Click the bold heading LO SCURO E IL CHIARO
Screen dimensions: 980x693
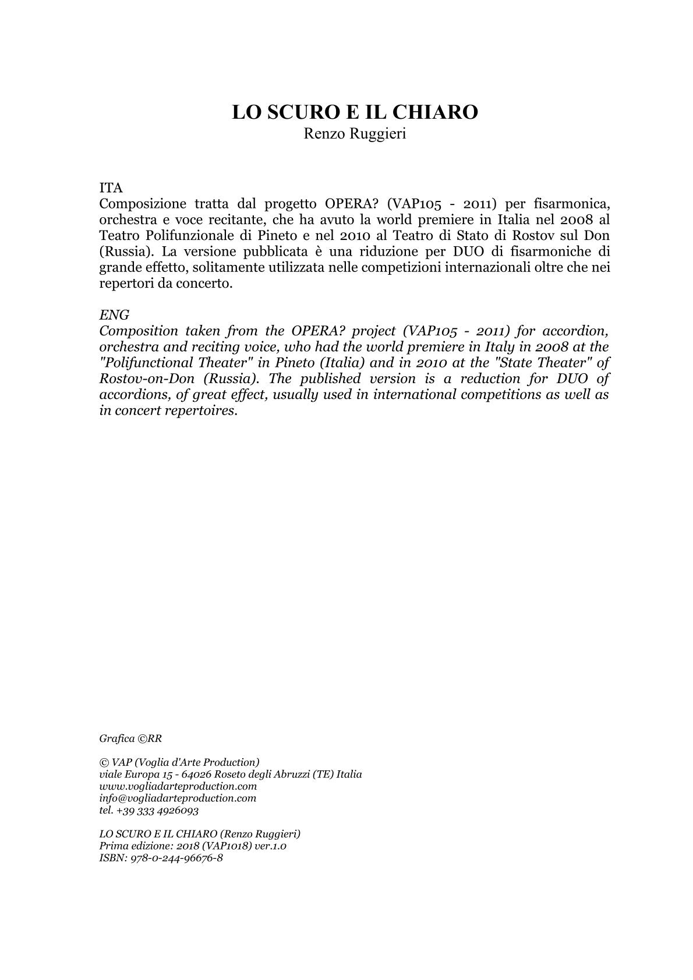(x=355, y=112)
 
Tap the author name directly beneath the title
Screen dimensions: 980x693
(x=355, y=134)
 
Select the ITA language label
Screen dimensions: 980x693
(x=111, y=188)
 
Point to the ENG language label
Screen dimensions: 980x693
(x=114, y=315)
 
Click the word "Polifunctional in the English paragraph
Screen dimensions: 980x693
(x=135, y=363)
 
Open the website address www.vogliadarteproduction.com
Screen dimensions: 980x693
(x=178, y=786)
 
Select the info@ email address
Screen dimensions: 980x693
(x=178, y=798)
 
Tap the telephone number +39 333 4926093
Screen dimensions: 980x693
(x=157, y=811)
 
